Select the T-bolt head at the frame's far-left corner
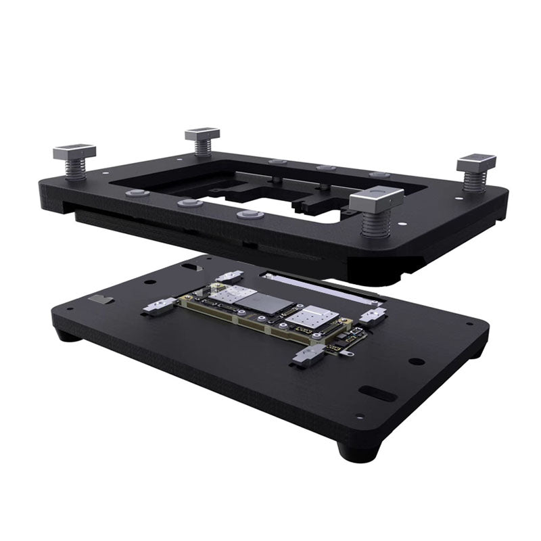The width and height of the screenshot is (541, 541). click(74, 151)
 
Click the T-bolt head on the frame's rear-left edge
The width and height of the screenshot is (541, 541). click(202, 133)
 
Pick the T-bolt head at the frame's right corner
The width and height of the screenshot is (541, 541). click(477, 163)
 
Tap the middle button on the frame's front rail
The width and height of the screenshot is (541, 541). click(190, 203)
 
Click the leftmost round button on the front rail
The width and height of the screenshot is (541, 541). click(137, 193)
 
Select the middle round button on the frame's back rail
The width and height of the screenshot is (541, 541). click(327, 168)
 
